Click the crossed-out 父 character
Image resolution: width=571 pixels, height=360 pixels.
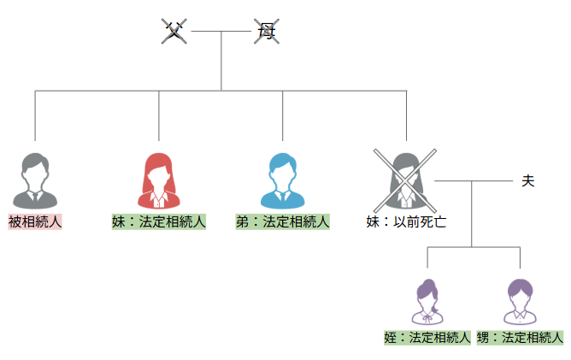(174, 32)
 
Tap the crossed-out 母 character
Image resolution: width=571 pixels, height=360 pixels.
(267, 32)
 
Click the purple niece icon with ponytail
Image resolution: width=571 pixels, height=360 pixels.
(428, 301)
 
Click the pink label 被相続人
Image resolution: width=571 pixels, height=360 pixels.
(35, 222)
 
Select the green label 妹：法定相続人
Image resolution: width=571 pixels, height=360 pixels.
(159, 222)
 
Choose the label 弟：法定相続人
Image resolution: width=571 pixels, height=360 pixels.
(283, 222)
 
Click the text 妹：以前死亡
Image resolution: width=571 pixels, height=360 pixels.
(407, 222)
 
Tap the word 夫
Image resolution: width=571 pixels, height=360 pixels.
(527, 181)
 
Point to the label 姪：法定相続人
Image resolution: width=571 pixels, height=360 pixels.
(428, 337)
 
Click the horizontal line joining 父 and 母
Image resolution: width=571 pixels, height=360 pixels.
(221, 31)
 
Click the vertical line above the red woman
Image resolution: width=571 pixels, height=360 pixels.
(159, 115)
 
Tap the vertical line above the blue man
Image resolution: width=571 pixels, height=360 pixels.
(283, 115)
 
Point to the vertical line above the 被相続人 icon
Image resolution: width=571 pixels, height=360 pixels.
(35, 115)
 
